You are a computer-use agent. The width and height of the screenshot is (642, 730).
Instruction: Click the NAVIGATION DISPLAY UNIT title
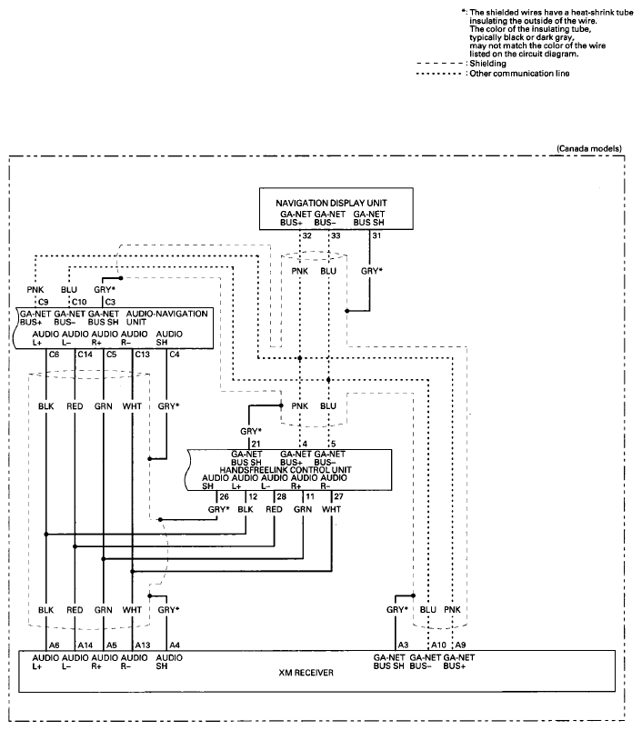pos(331,203)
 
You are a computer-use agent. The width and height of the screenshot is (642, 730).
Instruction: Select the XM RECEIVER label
pos(306,673)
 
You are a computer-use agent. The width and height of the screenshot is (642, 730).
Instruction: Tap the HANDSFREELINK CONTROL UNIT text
pos(286,470)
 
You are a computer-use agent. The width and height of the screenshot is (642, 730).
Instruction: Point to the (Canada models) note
pos(589,148)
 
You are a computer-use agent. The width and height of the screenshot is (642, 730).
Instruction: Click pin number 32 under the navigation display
pos(306,235)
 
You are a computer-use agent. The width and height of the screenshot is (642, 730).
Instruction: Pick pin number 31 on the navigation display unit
pos(376,235)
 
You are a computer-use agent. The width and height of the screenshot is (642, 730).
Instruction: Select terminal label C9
pos(44,302)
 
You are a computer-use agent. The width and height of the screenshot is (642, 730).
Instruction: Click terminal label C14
pos(85,355)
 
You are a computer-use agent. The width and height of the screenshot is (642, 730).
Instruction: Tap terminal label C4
pos(174,355)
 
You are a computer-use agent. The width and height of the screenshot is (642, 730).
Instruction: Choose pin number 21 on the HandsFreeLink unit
pos(256,444)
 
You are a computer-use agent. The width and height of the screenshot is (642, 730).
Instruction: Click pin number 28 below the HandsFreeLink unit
pos(281,496)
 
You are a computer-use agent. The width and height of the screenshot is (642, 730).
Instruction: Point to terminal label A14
pos(85,645)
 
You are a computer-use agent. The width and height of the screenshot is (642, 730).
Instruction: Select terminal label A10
pos(438,645)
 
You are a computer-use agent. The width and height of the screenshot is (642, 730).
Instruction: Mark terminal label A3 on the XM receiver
pos(403,645)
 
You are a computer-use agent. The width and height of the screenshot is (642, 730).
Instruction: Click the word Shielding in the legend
pos(487,64)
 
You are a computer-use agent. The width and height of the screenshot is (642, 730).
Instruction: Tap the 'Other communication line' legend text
pos(519,73)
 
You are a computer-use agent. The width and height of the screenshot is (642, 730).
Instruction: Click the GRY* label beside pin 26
pos(218,509)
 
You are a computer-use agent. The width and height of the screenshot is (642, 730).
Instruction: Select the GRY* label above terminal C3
pos(105,290)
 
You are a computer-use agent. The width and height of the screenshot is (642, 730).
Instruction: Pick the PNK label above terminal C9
pos(35,290)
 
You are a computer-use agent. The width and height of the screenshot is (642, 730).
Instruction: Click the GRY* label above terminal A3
pos(396,609)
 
